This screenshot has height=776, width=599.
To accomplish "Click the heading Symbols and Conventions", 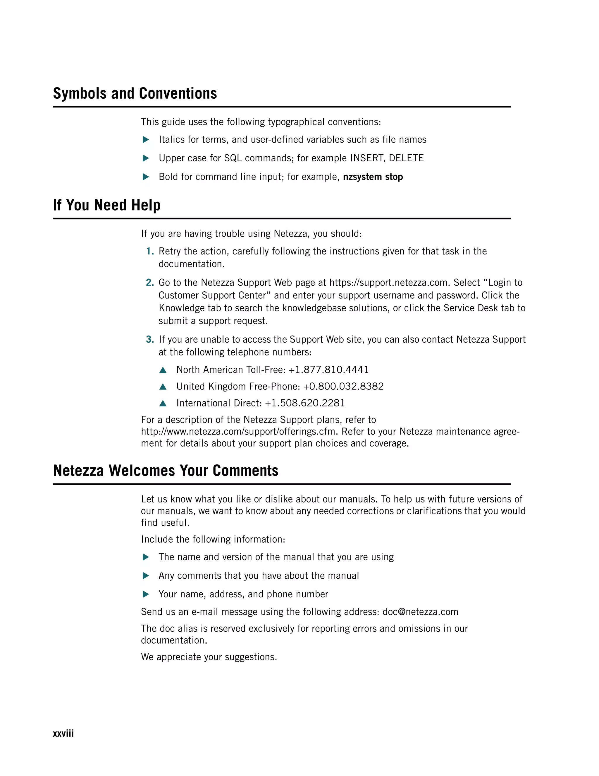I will (x=135, y=94).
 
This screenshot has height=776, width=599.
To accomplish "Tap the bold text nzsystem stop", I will (x=373, y=177).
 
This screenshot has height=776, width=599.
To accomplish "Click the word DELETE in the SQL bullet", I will (x=406, y=158).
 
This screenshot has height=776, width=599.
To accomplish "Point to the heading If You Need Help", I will (x=106, y=205).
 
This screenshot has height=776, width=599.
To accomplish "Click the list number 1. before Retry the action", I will (x=150, y=252).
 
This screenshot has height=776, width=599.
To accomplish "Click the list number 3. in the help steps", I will (x=150, y=340).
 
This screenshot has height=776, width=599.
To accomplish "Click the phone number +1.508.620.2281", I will (x=305, y=403).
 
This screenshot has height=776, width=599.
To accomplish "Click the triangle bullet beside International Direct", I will (x=163, y=403).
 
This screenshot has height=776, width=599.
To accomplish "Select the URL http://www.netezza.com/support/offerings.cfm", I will (x=238, y=432).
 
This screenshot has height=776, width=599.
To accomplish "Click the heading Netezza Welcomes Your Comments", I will (x=165, y=471).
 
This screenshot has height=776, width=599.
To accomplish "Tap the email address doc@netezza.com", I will (x=420, y=612).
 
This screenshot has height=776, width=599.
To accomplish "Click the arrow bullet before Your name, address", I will (x=145, y=594).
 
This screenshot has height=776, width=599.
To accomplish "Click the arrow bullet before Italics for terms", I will (x=145, y=140).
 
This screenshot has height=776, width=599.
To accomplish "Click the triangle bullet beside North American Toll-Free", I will (x=163, y=370).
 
